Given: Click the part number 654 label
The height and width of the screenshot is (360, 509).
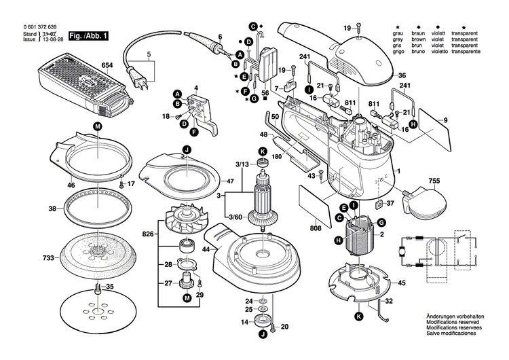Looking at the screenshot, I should click(x=107, y=65).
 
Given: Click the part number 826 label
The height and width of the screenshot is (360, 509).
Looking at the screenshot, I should click(x=148, y=235).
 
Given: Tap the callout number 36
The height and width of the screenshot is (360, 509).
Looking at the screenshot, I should click(x=402, y=75).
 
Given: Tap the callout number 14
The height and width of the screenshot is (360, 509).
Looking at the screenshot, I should click(x=246, y=323).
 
